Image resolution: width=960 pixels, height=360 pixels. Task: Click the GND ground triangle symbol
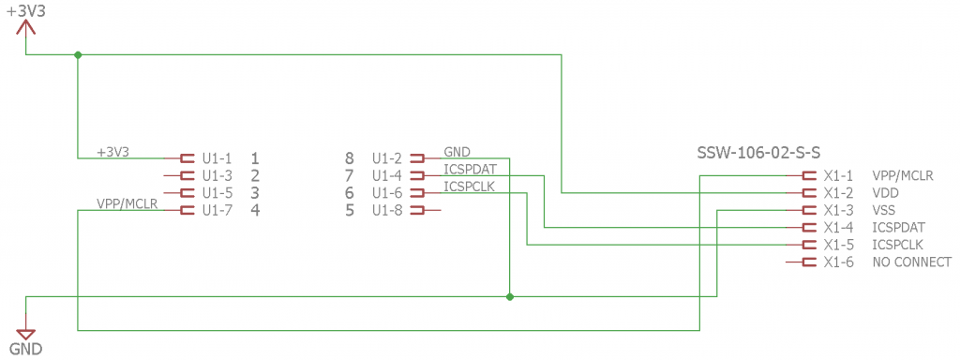coord(25,335)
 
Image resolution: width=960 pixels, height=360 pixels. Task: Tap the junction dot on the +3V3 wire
coord(78,55)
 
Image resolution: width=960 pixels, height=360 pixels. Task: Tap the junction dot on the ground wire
coord(509,297)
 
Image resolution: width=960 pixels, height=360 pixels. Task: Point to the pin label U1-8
coord(387,211)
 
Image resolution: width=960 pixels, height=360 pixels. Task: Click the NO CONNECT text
coord(911,262)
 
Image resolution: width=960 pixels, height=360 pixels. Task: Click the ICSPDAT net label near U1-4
coord(470,169)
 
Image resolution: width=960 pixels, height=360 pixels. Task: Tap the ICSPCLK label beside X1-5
coord(897,245)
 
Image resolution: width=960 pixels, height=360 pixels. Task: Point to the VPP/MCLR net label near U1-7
coord(127,203)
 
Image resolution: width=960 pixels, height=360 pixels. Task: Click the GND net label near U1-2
coord(457,152)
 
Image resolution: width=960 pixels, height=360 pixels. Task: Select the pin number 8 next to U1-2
coord(350,158)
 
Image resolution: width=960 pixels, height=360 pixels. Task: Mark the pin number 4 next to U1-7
coord(255,211)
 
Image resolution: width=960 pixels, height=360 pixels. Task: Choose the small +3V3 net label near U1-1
coord(113,151)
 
